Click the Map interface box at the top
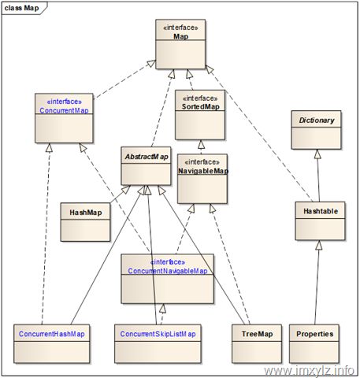180,44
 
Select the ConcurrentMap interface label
64,110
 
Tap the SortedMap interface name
201,106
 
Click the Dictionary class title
317,120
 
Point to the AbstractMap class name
147,157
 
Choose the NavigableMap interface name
203,171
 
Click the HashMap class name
86,213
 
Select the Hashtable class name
321,211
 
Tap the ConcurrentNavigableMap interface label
168,271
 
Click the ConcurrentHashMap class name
52,334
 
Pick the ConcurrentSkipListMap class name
158,334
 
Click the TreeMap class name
258,334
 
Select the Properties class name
315,334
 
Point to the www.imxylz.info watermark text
309,370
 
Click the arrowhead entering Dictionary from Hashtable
317,154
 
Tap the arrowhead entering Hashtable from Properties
319,245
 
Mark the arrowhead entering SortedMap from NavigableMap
202,145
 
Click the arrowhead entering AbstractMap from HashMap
126,190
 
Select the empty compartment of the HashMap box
85,230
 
